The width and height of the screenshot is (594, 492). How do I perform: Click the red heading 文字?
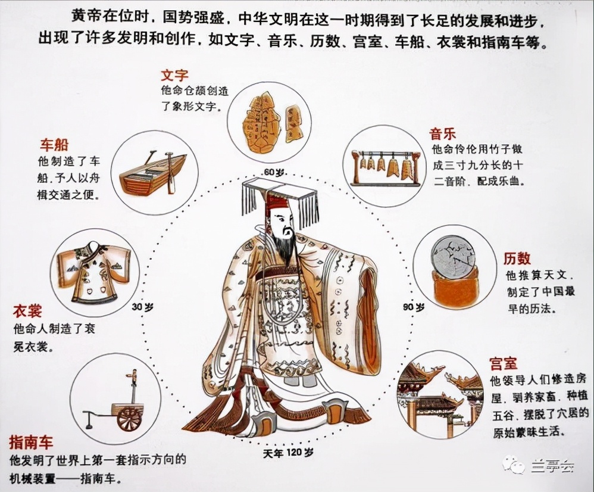click(x=174, y=76)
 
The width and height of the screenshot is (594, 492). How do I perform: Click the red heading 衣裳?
click(x=27, y=312)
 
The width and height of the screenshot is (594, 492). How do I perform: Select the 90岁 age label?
click(x=414, y=307)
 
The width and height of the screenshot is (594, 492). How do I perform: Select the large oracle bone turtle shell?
click(x=262, y=119)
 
